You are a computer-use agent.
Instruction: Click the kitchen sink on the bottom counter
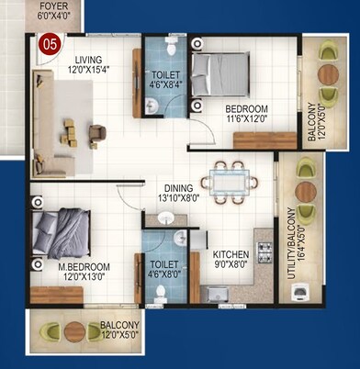[x=218, y=294]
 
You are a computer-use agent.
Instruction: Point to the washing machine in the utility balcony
[x=299, y=291]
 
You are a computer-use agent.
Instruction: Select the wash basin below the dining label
[x=165, y=218]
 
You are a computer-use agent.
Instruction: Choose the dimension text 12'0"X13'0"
[x=84, y=277]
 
